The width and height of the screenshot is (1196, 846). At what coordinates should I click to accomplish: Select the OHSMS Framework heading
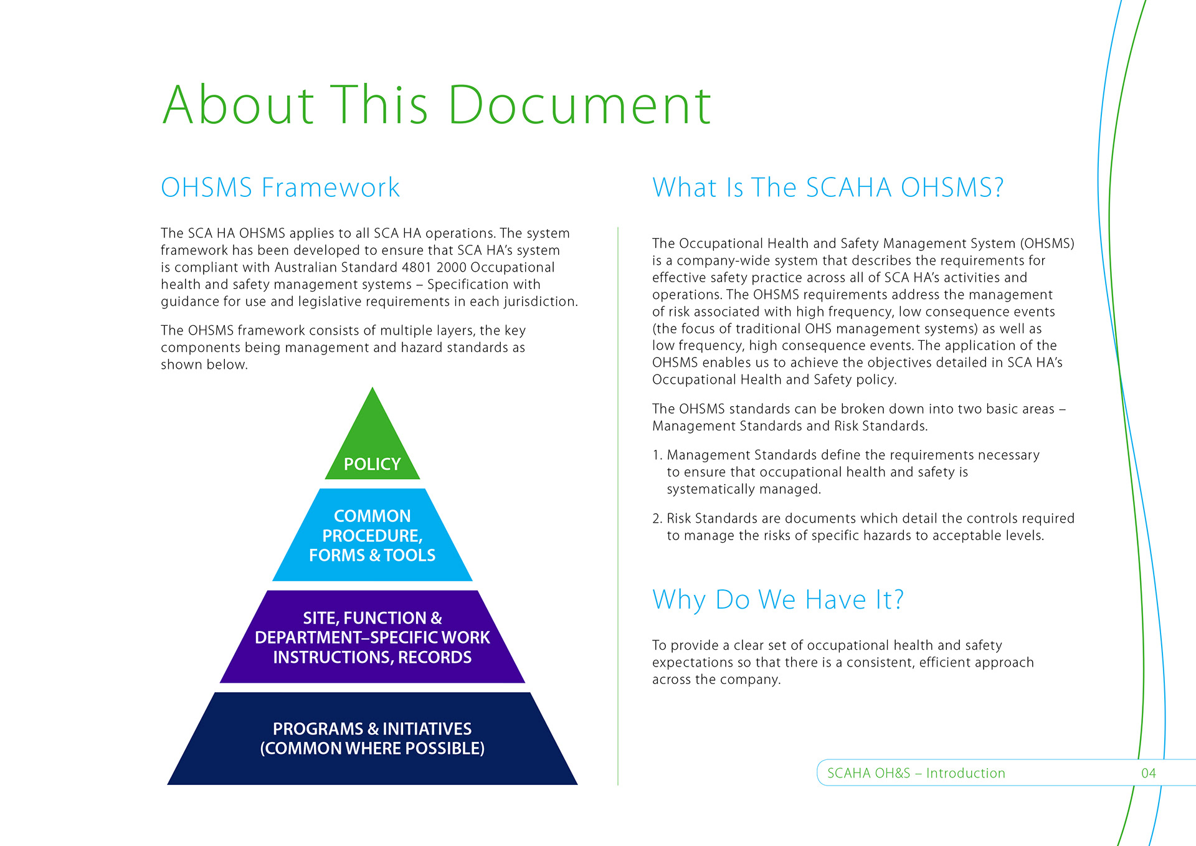280,188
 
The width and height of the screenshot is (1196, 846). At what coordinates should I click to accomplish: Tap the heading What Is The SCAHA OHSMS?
828,188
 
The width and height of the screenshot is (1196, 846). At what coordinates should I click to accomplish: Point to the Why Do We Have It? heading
777,600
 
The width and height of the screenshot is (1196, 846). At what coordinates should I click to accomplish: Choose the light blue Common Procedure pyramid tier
373,535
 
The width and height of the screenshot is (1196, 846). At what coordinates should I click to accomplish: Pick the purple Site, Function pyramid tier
373,637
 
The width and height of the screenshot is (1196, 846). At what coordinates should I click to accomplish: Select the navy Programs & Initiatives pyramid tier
373,738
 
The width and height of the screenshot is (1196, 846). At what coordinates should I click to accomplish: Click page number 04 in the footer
1149,773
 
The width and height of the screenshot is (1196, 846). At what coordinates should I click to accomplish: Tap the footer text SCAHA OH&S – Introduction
916,773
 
